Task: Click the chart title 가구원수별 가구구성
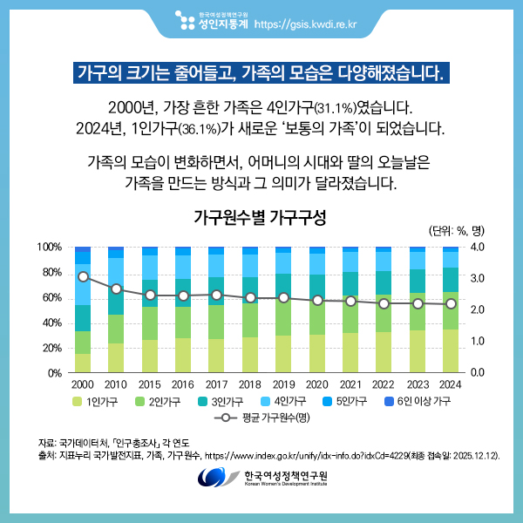pyautogui.click(x=260, y=216)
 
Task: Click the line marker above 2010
pyautogui.click(x=116, y=289)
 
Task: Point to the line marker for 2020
pyautogui.click(x=316, y=300)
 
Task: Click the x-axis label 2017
pyautogui.click(x=216, y=384)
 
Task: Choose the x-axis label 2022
pyautogui.click(x=384, y=384)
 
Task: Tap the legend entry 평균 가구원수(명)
pyautogui.click(x=260, y=418)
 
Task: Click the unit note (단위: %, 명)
pyautogui.click(x=456, y=231)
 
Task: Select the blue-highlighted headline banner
pyautogui.click(x=261, y=71)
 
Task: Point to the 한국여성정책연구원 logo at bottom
pyautogui.click(x=261, y=479)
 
